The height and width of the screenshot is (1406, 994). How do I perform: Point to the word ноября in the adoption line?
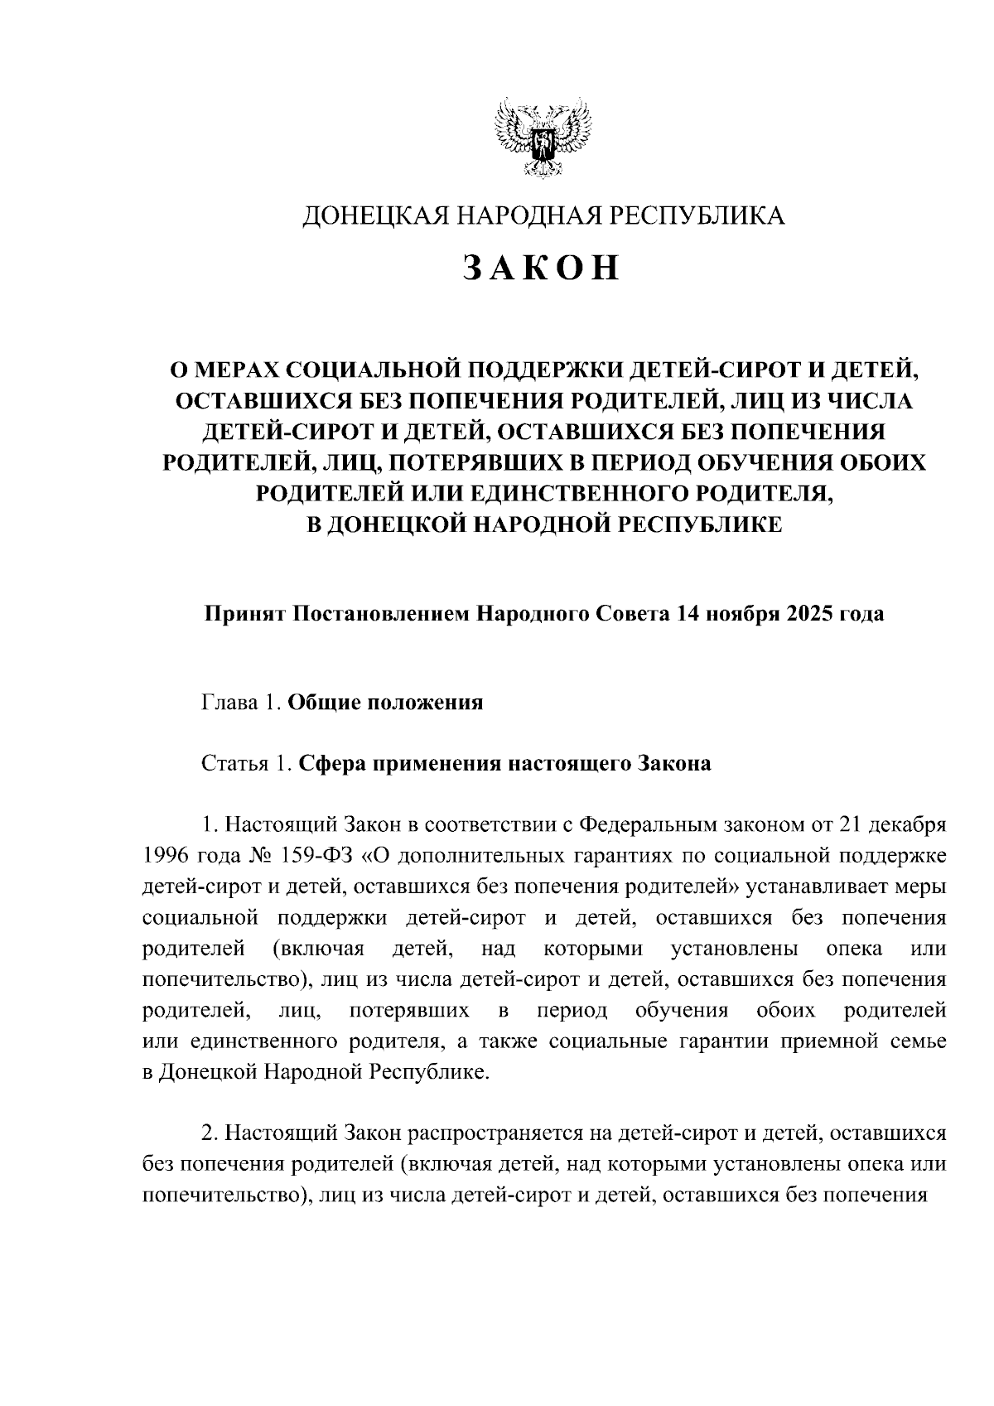737,614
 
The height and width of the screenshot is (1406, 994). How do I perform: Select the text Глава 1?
237,703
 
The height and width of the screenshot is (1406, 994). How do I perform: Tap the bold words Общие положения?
384,703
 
